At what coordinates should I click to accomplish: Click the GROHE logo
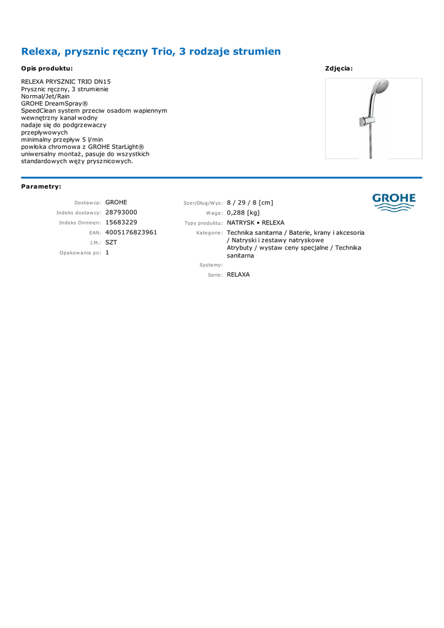click(x=394, y=202)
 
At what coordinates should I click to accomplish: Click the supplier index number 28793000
click(x=121, y=212)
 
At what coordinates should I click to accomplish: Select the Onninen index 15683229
click(x=121, y=222)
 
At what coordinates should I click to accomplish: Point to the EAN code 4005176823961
click(x=131, y=232)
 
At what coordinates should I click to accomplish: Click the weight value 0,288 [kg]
click(x=243, y=213)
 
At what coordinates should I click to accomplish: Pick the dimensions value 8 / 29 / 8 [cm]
click(x=250, y=202)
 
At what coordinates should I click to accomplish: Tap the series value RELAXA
click(x=239, y=275)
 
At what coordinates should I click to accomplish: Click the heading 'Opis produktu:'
click(x=47, y=69)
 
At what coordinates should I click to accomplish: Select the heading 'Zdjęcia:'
click(x=339, y=69)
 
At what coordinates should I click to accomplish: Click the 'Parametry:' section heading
click(x=41, y=186)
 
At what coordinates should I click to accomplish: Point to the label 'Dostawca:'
click(x=88, y=202)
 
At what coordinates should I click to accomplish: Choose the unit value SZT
click(x=111, y=242)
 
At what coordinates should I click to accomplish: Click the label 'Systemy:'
click(x=211, y=265)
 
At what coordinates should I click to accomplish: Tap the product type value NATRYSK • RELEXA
click(x=256, y=223)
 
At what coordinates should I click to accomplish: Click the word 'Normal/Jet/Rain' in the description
click(x=45, y=96)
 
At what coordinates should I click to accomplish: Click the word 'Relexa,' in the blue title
click(x=42, y=52)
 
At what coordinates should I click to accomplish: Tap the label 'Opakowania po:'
click(x=80, y=253)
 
